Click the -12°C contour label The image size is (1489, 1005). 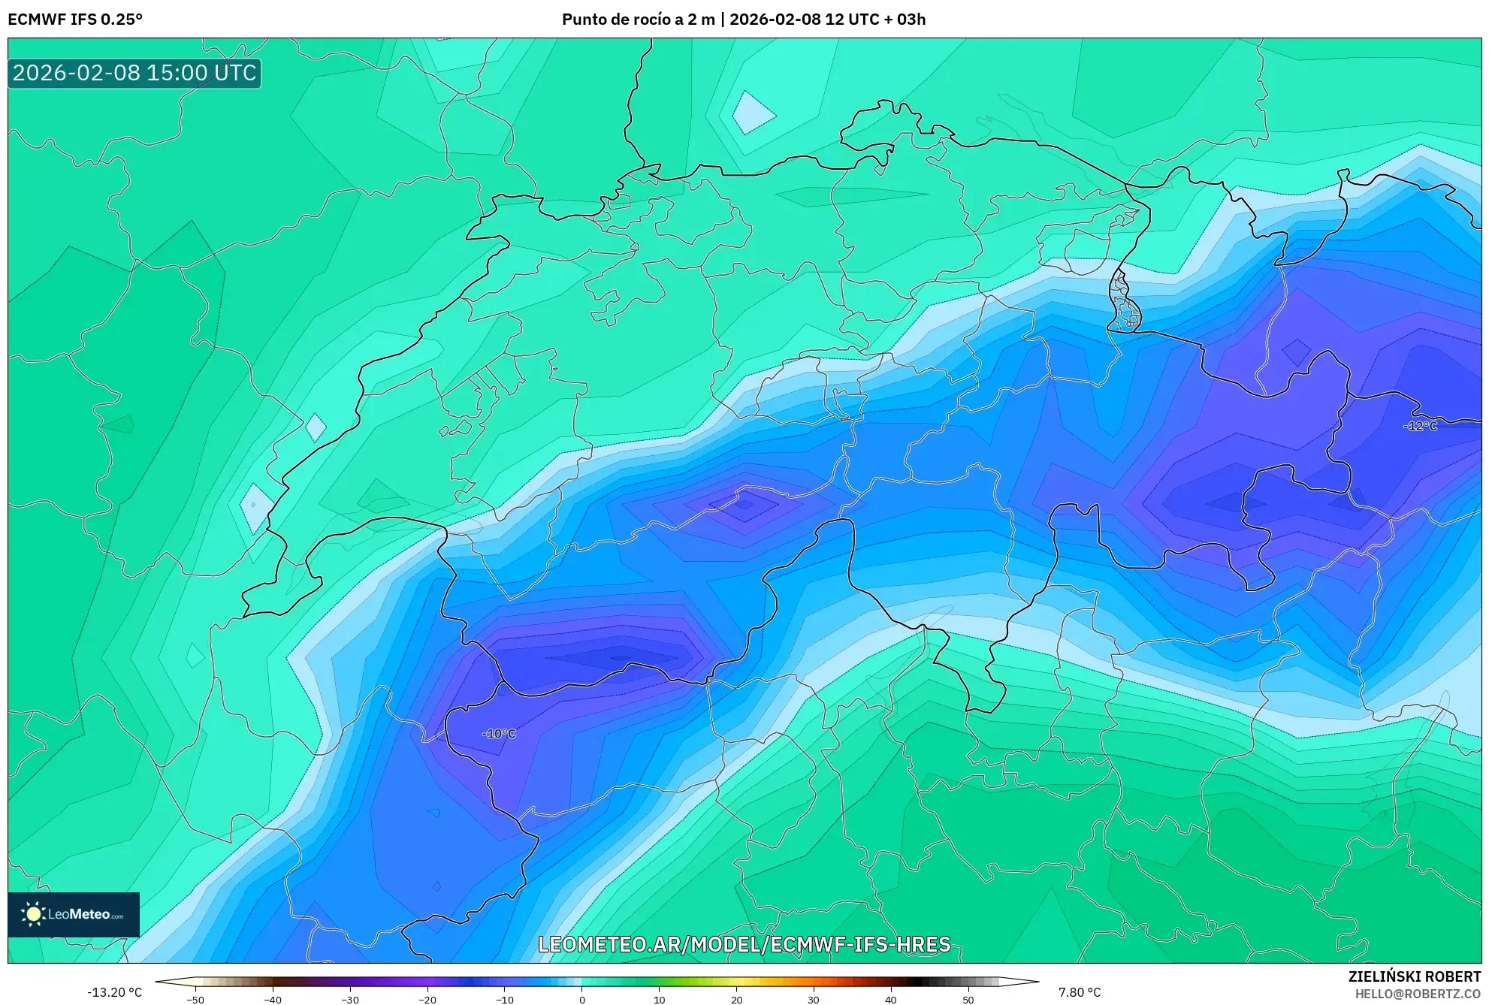(x=1420, y=426)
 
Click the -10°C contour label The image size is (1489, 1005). (x=499, y=734)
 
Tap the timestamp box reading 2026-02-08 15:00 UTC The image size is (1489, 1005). (x=134, y=73)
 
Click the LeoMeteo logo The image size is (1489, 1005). (x=74, y=914)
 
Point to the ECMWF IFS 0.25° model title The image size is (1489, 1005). (x=75, y=20)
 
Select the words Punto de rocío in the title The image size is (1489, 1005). (x=616, y=20)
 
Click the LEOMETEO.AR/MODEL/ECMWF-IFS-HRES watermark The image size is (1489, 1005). (x=744, y=944)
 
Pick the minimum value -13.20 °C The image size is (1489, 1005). (x=114, y=992)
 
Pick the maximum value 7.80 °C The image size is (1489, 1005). (x=1080, y=992)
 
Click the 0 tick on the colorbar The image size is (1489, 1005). (x=582, y=1000)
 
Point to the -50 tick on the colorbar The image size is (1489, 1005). (x=195, y=1000)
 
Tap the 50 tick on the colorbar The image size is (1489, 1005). (x=968, y=1000)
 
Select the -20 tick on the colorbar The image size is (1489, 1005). (x=427, y=1000)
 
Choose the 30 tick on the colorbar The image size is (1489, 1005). (x=814, y=1000)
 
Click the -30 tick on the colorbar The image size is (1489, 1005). (x=350, y=1000)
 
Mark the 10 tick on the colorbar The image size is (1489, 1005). (x=660, y=1000)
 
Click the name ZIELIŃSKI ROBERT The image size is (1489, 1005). (x=1415, y=976)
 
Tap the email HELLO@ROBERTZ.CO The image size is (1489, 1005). (x=1418, y=994)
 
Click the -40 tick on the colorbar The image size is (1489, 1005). (x=273, y=1000)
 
